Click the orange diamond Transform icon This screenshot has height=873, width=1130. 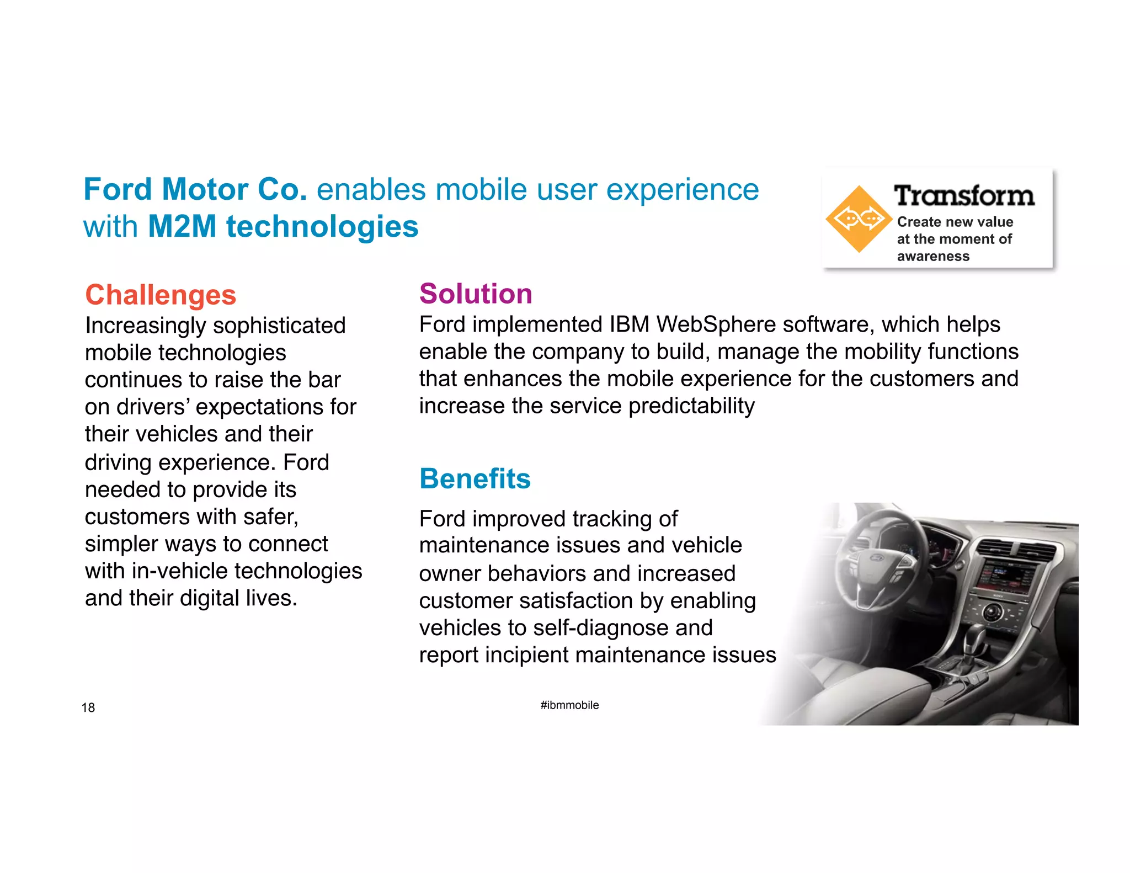pyautogui.click(x=859, y=219)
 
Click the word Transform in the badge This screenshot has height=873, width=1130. pyautogui.click(x=964, y=196)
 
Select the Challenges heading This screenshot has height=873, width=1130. pyautogui.click(x=161, y=295)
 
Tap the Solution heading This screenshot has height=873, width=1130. pyautogui.click(x=476, y=294)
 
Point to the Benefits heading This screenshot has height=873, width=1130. pyautogui.click(x=475, y=478)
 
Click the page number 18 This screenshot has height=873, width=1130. pyautogui.click(x=88, y=707)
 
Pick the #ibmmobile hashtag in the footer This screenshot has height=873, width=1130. pyautogui.click(x=569, y=705)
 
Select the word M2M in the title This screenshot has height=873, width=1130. pyautogui.click(x=182, y=226)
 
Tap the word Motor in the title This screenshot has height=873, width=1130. pyautogui.click(x=205, y=189)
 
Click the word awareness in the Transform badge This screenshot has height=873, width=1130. pyautogui.click(x=933, y=256)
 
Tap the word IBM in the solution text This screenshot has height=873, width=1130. pyautogui.click(x=629, y=324)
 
